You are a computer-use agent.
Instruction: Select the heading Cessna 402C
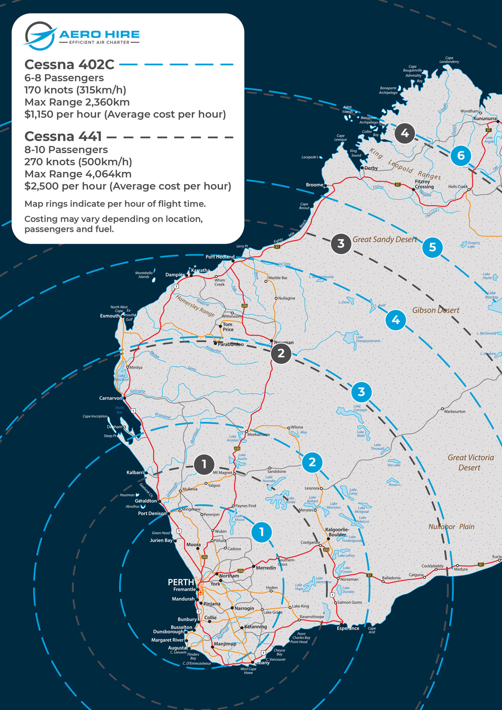pyautogui.click(x=69, y=64)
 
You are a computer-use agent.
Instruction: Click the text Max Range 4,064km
pyautogui.click(x=78, y=174)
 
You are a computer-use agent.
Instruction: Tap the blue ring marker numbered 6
pyautogui.click(x=461, y=156)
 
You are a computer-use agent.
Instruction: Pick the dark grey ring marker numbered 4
pyautogui.click(x=405, y=133)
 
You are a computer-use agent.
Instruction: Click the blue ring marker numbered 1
pyautogui.click(x=262, y=532)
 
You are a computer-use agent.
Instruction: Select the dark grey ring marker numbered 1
pyautogui.click(x=204, y=464)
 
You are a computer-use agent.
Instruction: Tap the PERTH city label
pyautogui.click(x=181, y=582)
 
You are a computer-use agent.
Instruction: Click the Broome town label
pyautogui.click(x=314, y=185)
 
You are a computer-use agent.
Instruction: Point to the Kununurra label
pyautogui.click(x=485, y=118)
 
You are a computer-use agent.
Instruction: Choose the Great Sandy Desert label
pyautogui.click(x=384, y=239)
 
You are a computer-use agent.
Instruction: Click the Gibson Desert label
pyautogui.click(x=435, y=310)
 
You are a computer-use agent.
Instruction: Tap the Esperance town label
pyautogui.click(x=348, y=628)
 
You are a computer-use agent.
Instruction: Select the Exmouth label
pyautogui.click(x=110, y=316)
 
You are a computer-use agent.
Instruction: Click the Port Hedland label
pyautogui.click(x=220, y=257)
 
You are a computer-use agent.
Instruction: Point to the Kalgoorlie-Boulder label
pyautogui.click(x=337, y=532)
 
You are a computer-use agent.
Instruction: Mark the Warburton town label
pyautogui.click(x=454, y=411)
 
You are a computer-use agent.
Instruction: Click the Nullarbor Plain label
pyautogui.click(x=451, y=527)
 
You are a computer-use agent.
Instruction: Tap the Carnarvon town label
pyautogui.click(x=110, y=398)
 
